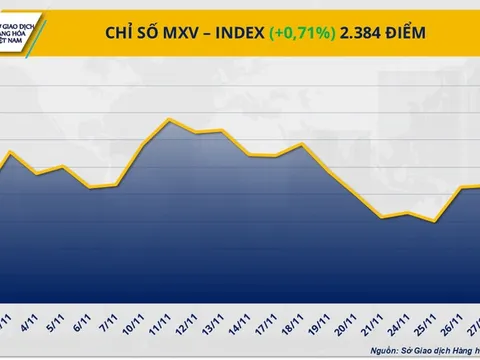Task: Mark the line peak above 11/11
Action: click(170, 121)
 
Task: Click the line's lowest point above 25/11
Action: click(433, 222)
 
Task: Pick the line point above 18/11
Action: click(301, 145)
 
